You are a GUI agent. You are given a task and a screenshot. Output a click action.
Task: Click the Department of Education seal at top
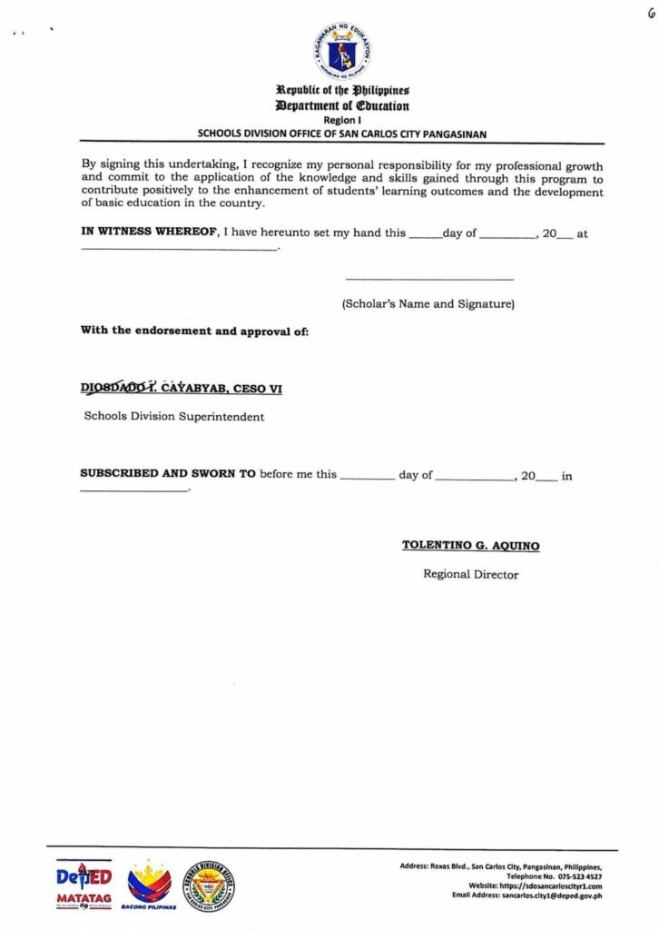coord(340,51)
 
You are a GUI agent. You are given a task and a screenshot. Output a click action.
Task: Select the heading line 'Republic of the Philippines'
coord(342,91)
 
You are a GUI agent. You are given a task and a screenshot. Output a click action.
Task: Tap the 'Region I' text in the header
coord(341,120)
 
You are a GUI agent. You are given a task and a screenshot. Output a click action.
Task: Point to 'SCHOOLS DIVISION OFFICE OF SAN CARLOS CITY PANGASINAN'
coord(342,134)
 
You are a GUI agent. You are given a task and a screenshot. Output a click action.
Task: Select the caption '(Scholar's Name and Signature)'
coord(428,303)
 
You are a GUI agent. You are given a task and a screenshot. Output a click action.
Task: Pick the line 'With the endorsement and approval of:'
coord(194,331)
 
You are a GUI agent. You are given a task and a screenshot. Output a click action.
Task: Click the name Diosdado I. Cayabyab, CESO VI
coord(182,389)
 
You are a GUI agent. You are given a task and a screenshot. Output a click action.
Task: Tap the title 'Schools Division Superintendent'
coord(174,417)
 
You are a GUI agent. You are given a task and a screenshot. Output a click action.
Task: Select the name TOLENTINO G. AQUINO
coord(470,546)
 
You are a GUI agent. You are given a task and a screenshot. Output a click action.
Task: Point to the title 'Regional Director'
coord(470,574)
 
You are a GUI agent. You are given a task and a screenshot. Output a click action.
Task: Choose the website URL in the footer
coord(556,885)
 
